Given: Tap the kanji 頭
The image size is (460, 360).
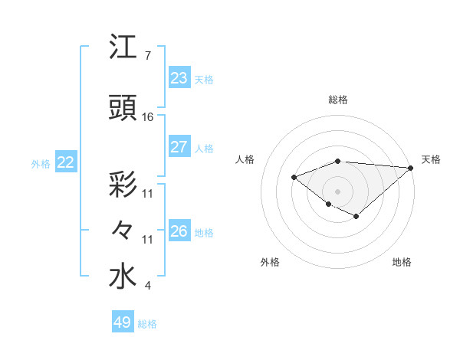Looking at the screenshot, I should pyautogui.click(x=123, y=108).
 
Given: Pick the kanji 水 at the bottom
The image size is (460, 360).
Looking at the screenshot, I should pyautogui.click(x=123, y=277).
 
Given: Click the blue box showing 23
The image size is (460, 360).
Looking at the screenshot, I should pyautogui.click(x=179, y=78).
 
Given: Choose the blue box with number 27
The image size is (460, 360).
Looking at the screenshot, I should pyautogui.click(x=179, y=147).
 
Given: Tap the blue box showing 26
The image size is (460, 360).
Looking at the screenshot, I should pyautogui.click(x=179, y=231).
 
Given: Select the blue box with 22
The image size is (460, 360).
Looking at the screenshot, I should pyautogui.click(x=65, y=162).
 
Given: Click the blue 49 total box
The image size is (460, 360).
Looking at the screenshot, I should pyautogui.click(x=123, y=322).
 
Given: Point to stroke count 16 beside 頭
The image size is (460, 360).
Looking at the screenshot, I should pyautogui.click(x=148, y=117).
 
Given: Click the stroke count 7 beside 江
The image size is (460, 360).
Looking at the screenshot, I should pyautogui.click(x=147, y=56).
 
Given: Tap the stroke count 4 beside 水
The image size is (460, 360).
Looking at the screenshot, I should pyautogui.click(x=147, y=286).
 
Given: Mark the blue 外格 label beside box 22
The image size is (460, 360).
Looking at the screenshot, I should pyautogui.click(x=41, y=163).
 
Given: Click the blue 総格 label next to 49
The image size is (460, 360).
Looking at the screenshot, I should pyautogui.click(x=148, y=323).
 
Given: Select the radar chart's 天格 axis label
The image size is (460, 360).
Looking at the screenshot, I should pyautogui.click(x=431, y=159).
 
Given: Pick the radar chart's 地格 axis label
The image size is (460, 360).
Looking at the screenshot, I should pyautogui.click(x=402, y=262).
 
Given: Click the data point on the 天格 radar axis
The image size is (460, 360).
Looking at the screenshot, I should pyautogui.click(x=412, y=168).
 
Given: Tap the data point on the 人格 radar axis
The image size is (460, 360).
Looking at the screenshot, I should pyautogui.click(x=294, y=178).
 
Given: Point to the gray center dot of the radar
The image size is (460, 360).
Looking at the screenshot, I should pyautogui.click(x=337, y=191).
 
